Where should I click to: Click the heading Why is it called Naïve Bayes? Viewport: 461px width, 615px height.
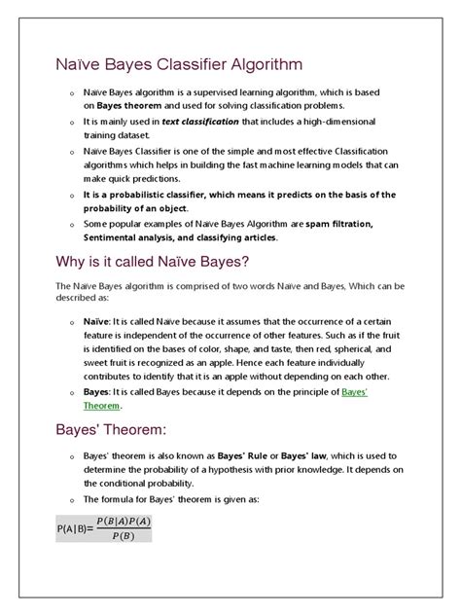pos(156,263)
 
